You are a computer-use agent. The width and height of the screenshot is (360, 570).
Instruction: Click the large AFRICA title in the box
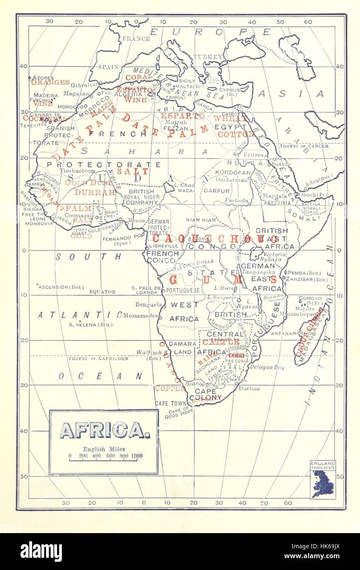coord(105,430)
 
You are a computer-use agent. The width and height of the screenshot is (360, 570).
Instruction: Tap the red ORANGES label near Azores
coord(50,82)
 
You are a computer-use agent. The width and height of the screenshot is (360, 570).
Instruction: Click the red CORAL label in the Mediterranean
coord(139,77)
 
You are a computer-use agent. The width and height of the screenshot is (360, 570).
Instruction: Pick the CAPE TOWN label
coord(168,404)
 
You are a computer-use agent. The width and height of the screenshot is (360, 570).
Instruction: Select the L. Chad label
coord(184,185)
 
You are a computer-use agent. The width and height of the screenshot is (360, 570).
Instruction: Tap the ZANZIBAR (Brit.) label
coord(307,279)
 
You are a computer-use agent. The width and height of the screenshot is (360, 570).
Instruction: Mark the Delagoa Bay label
coord(267,367)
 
